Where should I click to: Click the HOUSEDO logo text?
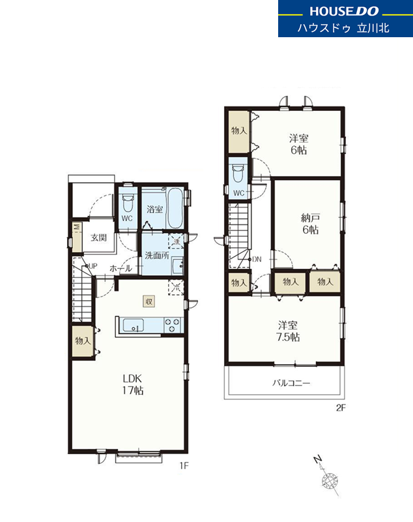(344, 11)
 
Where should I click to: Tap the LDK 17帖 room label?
(133, 384)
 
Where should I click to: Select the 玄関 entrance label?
(98, 238)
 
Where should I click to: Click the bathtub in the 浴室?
(175, 209)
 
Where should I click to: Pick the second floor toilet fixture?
(238, 174)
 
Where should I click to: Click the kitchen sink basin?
(134, 325)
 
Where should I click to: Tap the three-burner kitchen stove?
(173, 325)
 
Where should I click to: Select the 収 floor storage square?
(149, 301)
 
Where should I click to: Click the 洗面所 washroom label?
(157, 256)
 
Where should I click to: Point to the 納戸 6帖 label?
(310, 224)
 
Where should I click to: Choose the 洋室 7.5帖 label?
(288, 331)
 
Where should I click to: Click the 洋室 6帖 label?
(299, 144)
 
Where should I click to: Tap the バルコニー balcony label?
(291, 383)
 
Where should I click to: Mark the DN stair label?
(257, 259)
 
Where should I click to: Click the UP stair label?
(93, 266)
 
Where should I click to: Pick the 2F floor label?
(341, 407)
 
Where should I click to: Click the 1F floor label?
(184, 465)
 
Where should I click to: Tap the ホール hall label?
(121, 268)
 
